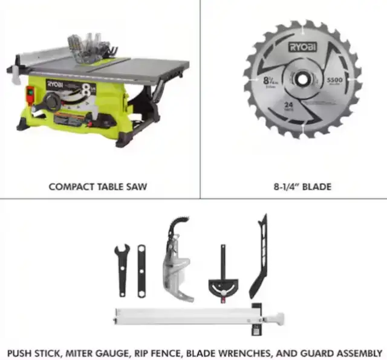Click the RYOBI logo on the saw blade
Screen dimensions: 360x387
pos(301,46)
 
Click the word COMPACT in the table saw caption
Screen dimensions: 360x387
pos(70,187)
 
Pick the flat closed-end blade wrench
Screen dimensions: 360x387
pos(141,270)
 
